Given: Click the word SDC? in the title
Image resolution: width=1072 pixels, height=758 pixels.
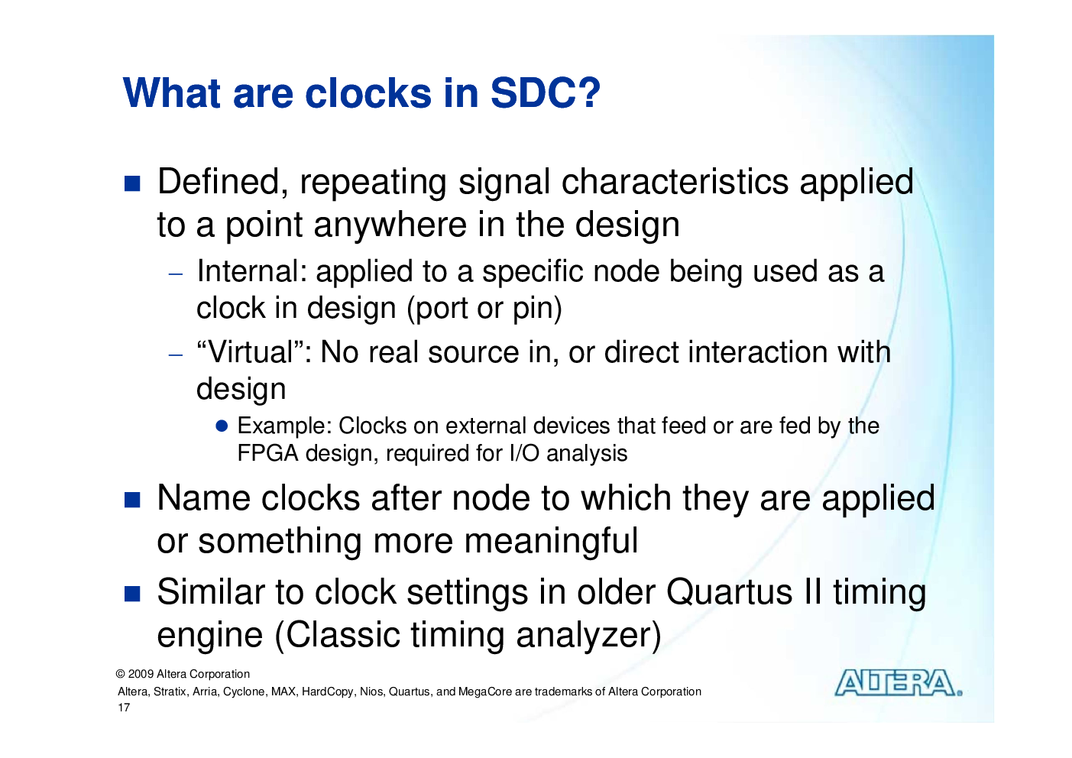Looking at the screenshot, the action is click(545, 92).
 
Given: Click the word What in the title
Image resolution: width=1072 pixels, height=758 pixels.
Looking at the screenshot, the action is click(172, 92).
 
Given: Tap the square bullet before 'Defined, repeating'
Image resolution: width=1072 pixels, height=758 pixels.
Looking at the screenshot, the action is click(132, 183).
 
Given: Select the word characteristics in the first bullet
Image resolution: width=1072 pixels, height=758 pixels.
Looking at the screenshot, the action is click(675, 182).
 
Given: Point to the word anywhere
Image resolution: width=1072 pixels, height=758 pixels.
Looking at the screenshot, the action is click(390, 225).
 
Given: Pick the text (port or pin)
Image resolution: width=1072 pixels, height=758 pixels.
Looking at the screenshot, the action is click(484, 308).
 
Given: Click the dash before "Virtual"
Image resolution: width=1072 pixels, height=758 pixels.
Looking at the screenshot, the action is click(176, 355).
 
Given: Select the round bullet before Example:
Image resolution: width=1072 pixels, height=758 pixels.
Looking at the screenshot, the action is click(222, 426).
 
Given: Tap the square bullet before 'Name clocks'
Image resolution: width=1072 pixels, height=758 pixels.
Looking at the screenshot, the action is click(132, 500).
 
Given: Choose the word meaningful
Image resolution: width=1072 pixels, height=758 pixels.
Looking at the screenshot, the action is click(551, 541).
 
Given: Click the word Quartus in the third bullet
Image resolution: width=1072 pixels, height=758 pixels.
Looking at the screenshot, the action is click(730, 592).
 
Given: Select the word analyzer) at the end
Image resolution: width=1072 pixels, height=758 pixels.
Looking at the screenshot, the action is click(588, 635).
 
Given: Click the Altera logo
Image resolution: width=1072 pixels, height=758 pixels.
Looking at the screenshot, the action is click(899, 683).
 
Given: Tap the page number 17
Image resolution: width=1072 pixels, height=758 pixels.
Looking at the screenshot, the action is click(124, 708).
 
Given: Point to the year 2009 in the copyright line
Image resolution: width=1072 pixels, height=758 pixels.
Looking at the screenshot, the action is click(141, 674).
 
